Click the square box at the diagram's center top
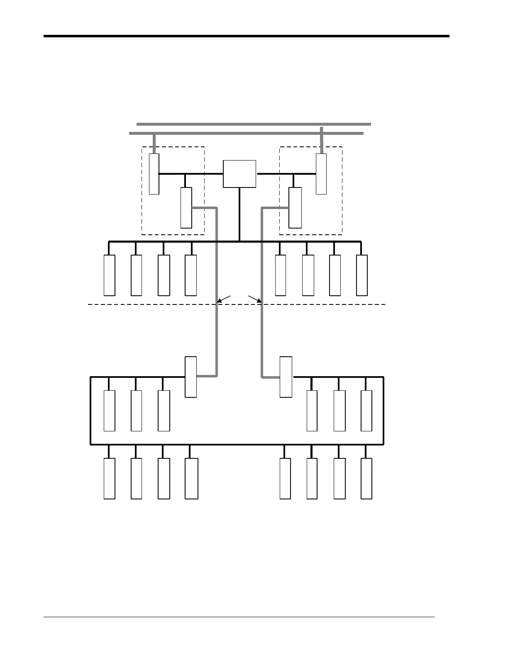[239, 174]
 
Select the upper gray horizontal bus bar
[253, 124]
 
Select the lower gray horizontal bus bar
[246, 133]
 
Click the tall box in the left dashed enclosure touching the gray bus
[154, 174]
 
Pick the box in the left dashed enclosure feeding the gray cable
[186, 207]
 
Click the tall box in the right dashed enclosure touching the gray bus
[321, 174]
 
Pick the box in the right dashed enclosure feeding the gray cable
[295, 207]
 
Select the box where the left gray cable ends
[191, 377]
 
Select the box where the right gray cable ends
[286, 377]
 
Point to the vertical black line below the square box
[239, 214]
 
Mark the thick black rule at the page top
[246, 36]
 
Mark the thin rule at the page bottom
[239, 617]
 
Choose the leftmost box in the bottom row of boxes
[110, 478]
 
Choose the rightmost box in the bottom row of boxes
[366, 478]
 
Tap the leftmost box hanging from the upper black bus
[110, 275]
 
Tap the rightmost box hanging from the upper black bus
[362, 275]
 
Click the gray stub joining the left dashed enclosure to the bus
[154, 144]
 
